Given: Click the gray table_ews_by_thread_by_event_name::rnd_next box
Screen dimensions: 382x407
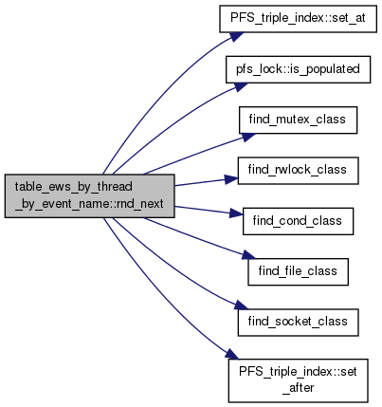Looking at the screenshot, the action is (90, 195).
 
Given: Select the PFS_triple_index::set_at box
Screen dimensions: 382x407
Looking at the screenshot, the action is (298, 18).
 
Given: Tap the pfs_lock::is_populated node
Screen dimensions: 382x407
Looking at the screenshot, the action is (298, 69).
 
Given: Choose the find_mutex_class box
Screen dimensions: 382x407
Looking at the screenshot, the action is (298, 120).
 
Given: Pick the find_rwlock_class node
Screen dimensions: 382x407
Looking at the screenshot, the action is (298, 171).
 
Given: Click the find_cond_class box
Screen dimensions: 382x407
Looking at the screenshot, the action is (298, 221).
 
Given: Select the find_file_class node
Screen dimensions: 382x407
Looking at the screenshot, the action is (298, 271).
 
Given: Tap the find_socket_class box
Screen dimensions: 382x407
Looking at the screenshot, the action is (298, 323).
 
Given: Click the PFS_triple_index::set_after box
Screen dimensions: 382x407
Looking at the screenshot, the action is (298, 380).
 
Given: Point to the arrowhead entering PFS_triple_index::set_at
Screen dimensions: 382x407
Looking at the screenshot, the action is (236, 36).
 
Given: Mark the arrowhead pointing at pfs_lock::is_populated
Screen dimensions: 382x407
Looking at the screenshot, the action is (240, 86).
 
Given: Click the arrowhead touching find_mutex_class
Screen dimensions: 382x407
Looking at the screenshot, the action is (247, 136).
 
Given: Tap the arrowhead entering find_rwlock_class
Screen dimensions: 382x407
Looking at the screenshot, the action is (231, 179).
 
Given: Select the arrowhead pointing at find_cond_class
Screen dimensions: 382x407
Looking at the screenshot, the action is (236, 213).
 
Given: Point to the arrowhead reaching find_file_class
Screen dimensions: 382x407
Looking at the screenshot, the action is (247, 255).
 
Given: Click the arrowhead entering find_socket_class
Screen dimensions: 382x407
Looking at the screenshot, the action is (242, 305).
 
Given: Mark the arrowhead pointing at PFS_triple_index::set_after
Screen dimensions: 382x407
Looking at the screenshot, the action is (232, 354).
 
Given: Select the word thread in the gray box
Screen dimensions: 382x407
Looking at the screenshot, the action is (115, 187).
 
